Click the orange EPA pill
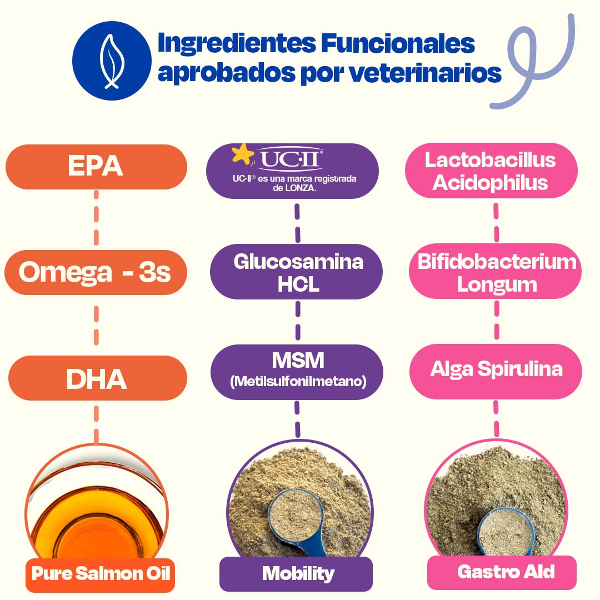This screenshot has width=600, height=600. click(x=96, y=167)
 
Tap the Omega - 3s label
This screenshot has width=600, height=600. click(x=96, y=272)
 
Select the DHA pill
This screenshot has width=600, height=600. click(x=97, y=378)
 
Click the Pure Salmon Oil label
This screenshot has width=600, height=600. click(x=101, y=573)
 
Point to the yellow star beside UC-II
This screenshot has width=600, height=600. click(x=243, y=154)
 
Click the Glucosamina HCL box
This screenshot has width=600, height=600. click(x=298, y=272)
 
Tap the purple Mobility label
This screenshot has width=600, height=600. click(x=297, y=573)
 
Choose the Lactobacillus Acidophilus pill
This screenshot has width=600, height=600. click(x=491, y=171)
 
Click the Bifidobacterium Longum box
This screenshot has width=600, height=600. click(x=497, y=272)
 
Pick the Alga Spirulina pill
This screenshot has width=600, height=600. click(x=496, y=370)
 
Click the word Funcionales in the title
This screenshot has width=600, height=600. click(x=399, y=44)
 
